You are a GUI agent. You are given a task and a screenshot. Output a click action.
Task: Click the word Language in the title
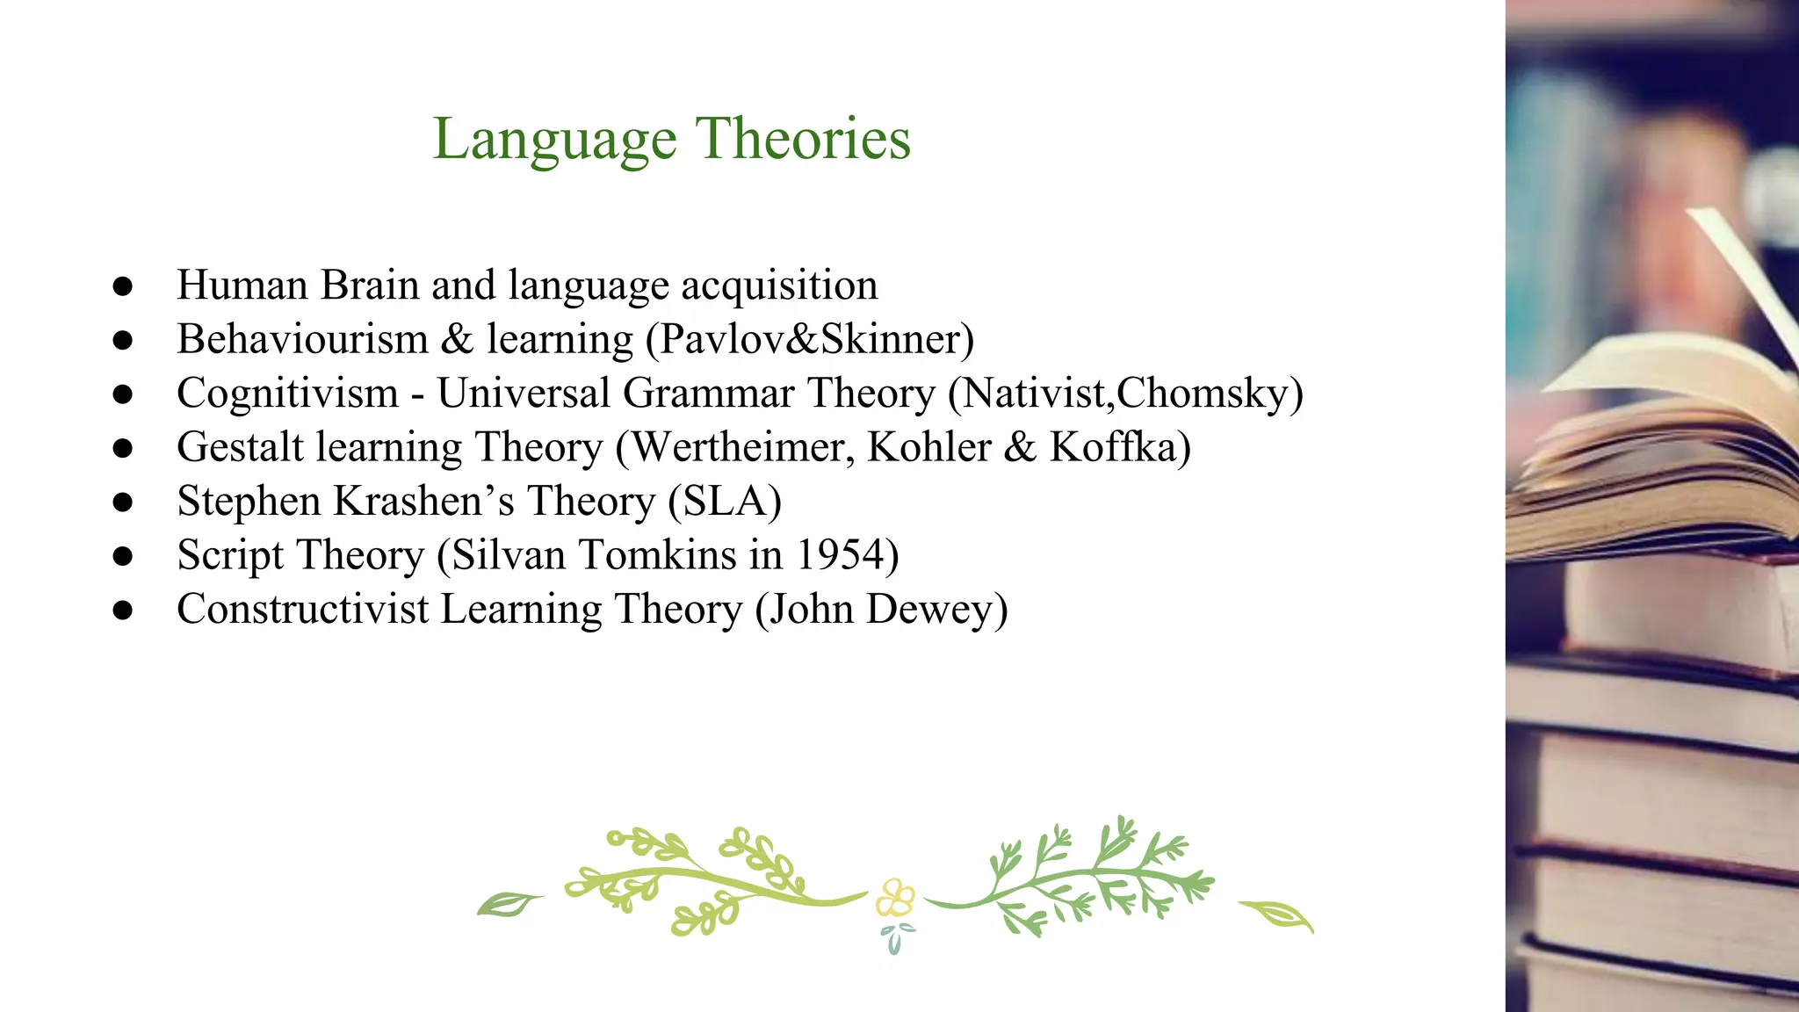pyautogui.click(x=554, y=141)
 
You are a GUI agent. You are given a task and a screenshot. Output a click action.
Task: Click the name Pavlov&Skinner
pyautogui.click(x=814, y=340)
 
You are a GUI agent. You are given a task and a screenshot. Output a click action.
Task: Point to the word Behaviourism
pyautogui.click(x=302, y=340)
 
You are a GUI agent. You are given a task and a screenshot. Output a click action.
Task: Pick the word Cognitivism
pyautogui.click(x=287, y=394)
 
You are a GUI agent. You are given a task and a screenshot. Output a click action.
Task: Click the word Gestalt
pyautogui.click(x=240, y=447)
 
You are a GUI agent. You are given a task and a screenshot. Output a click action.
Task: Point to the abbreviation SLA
pyautogui.click(x=725, y=502)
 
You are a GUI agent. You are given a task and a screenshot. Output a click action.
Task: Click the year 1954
pyautogui.click(x=842, y=555)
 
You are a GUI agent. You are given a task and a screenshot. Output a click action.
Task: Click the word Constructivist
pyautogui.click(x=302, y=610)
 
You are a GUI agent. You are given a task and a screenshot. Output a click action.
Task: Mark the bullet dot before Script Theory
pyautogui.click(x=123, y=556)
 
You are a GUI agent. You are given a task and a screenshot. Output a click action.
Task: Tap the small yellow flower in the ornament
pyautogui.click(x=895, y=899)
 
